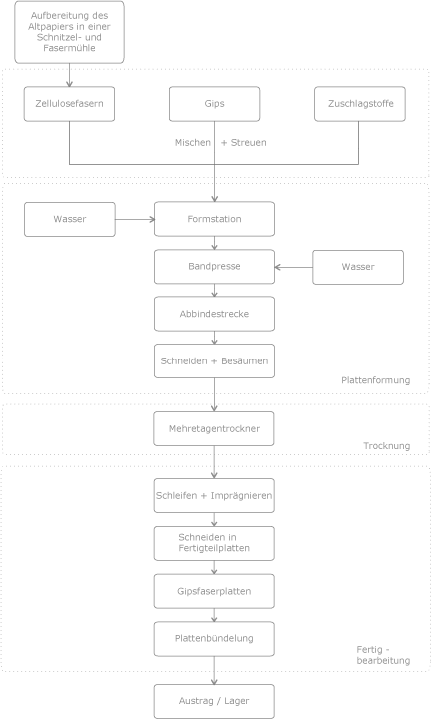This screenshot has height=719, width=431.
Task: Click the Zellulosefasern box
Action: click(x=69, y=104)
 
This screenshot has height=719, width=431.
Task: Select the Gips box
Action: click(x=214, y=104)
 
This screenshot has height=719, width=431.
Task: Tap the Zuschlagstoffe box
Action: click(x=360, y=104)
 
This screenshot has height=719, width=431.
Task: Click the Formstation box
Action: click(x=214, y=219)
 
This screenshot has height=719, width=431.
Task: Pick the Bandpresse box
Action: click(x=214, y=267)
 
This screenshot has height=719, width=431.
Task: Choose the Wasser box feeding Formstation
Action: click(x=70, y=219)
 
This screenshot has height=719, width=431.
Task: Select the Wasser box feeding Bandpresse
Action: click(x=358, y=267)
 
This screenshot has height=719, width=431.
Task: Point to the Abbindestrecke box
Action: click(x=214, y=314)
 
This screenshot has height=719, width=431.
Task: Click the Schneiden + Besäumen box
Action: click(x=214, y=360)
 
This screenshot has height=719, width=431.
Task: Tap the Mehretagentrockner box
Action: click(x=214, y=428)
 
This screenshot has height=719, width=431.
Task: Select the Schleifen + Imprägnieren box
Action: click(x=214, y=495)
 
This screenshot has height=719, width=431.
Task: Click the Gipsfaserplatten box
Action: click(x=214, y=591)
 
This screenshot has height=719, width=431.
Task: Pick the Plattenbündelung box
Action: click(x=214, y=639)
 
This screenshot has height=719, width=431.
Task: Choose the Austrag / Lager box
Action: click(x=214, y=701)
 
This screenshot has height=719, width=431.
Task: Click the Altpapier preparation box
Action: click(x=69, y=32)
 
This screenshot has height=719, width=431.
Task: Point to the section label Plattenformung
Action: click(x=375, y=380)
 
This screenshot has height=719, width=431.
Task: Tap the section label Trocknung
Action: click(x=386, y=446)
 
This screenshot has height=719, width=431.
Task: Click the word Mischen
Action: click(x=193, y=142)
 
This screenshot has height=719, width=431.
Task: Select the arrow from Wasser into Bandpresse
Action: click(x=293, y=267)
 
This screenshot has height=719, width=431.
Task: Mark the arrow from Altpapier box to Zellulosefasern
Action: click(x=69, y=75)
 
